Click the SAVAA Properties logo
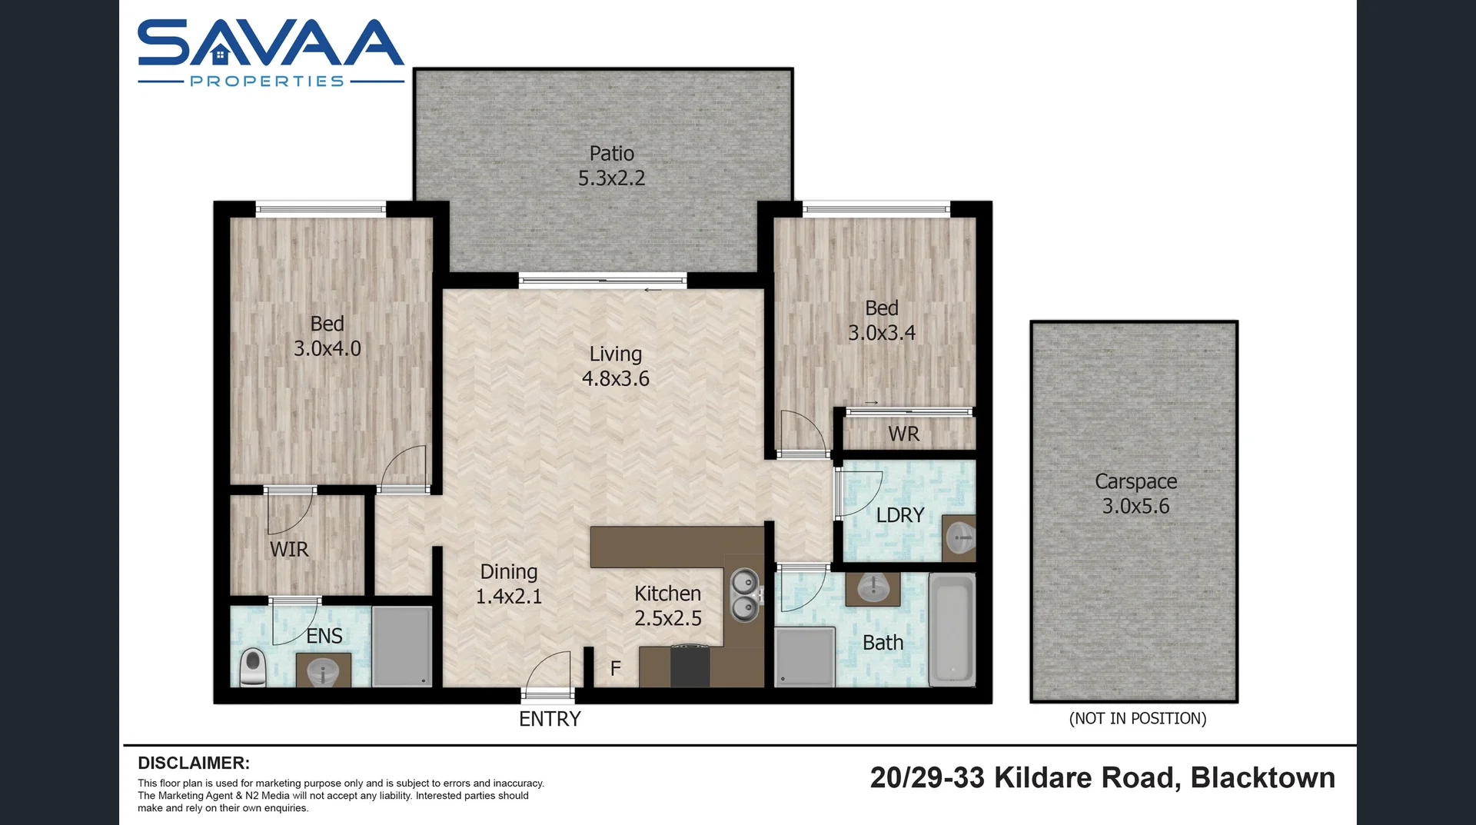(x=271, y=52)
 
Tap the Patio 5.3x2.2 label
(x=611, y=166)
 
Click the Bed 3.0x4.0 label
(x=327, y=336)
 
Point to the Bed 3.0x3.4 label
(x=881, y=320)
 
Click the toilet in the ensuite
(x=253, y=667)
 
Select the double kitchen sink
(x=744, y=595)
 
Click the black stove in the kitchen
(x=690, y=666)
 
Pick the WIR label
(x=289, y=549)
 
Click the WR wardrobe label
(x=903, y=434)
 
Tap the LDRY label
(x=899, y=515)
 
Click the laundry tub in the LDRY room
(x=959, y=537)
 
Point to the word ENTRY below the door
(x=550, y=719)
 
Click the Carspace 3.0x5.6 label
(x=1135, y=494)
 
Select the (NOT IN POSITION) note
(x=1137, y=718)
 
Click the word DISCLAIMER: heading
(x=194, y=763)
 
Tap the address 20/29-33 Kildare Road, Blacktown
(x=1102, y=777)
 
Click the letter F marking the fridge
(x=615, y=668)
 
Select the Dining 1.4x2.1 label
(x=508, y=584)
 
